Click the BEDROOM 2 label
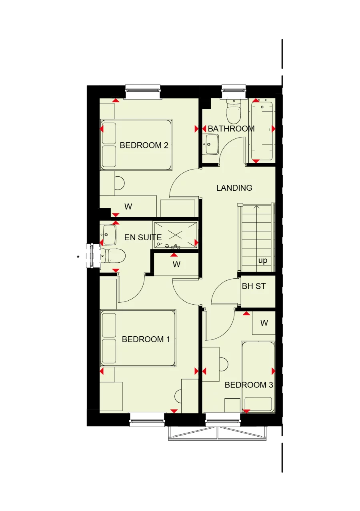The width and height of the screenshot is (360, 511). pyautogui.click(x=144, y=145)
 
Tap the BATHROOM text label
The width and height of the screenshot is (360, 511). pyautogui.click(x=231, y=129)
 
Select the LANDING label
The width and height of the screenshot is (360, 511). pyautogui.click(x=234, y=188)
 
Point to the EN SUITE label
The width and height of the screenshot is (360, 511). pyautogui.click(x=143, y=238)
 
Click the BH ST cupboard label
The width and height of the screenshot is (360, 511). pyautogui.click(x=254, y=286)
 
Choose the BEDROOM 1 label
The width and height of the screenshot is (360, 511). pyautogui.click(x=146, y=339)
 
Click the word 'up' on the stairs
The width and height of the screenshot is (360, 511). pyautogui.click(x=262, y=261)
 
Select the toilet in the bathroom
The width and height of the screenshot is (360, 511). pyautogui.click(x=234, y=112)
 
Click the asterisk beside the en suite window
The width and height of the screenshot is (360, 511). pyautogui.click(x=78, y=257)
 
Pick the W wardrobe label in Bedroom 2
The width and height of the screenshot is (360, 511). pyautogui.click(x=128, y=207)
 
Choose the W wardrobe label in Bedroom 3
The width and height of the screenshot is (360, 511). pyautogui.click(x=264, y=323)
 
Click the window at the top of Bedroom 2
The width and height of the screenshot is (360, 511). pyautogui.click(x=143, y=91)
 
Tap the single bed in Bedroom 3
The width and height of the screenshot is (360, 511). pyautogui.click(x=258, y=376)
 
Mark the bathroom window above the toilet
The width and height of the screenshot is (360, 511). pyautogui.click(x=234, y=91)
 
